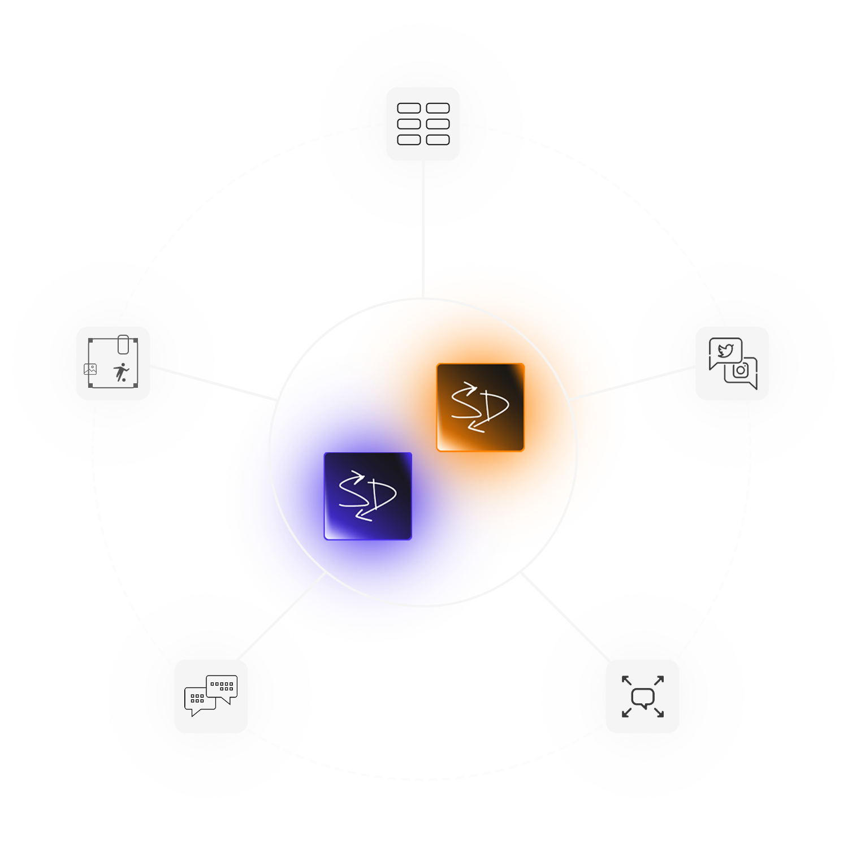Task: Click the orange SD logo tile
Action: click(x=480, y=407)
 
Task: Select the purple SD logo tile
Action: click(x=368, y=496)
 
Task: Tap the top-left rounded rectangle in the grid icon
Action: click(x=409, y=108)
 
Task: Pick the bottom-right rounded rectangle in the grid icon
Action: click(x=438, y=140)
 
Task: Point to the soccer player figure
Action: click(x=121, y=373)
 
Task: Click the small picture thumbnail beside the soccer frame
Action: click(x=90, y=369)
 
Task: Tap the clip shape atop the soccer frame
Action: click(x=123, y=344)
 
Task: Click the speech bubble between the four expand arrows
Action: click(x=643, y=698)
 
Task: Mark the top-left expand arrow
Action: click(x=626, y=681)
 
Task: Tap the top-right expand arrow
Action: click(x=659, y=681)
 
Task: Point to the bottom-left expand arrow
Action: click(x=626, y=713)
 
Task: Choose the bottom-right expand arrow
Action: click(x=659, y=713)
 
